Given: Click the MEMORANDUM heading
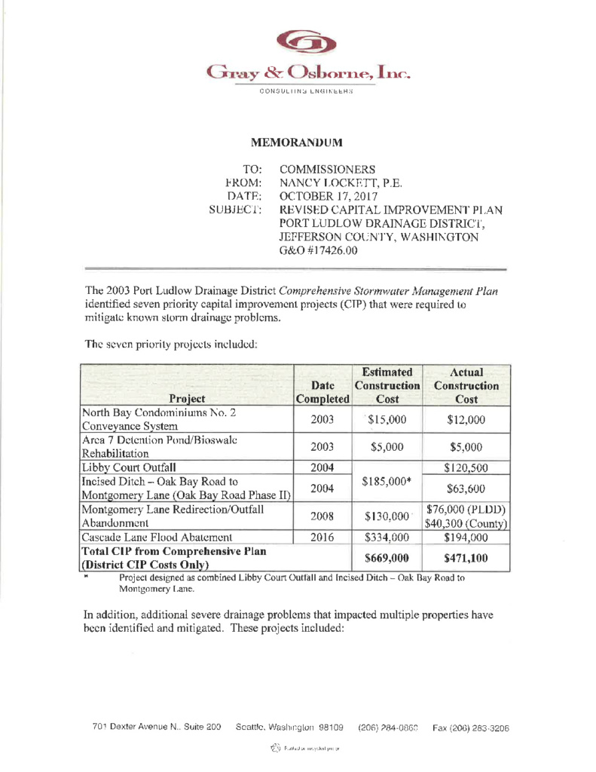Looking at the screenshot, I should click(x=297, y=142).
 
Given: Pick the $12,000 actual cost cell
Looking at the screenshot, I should click(x=466, y=421).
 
